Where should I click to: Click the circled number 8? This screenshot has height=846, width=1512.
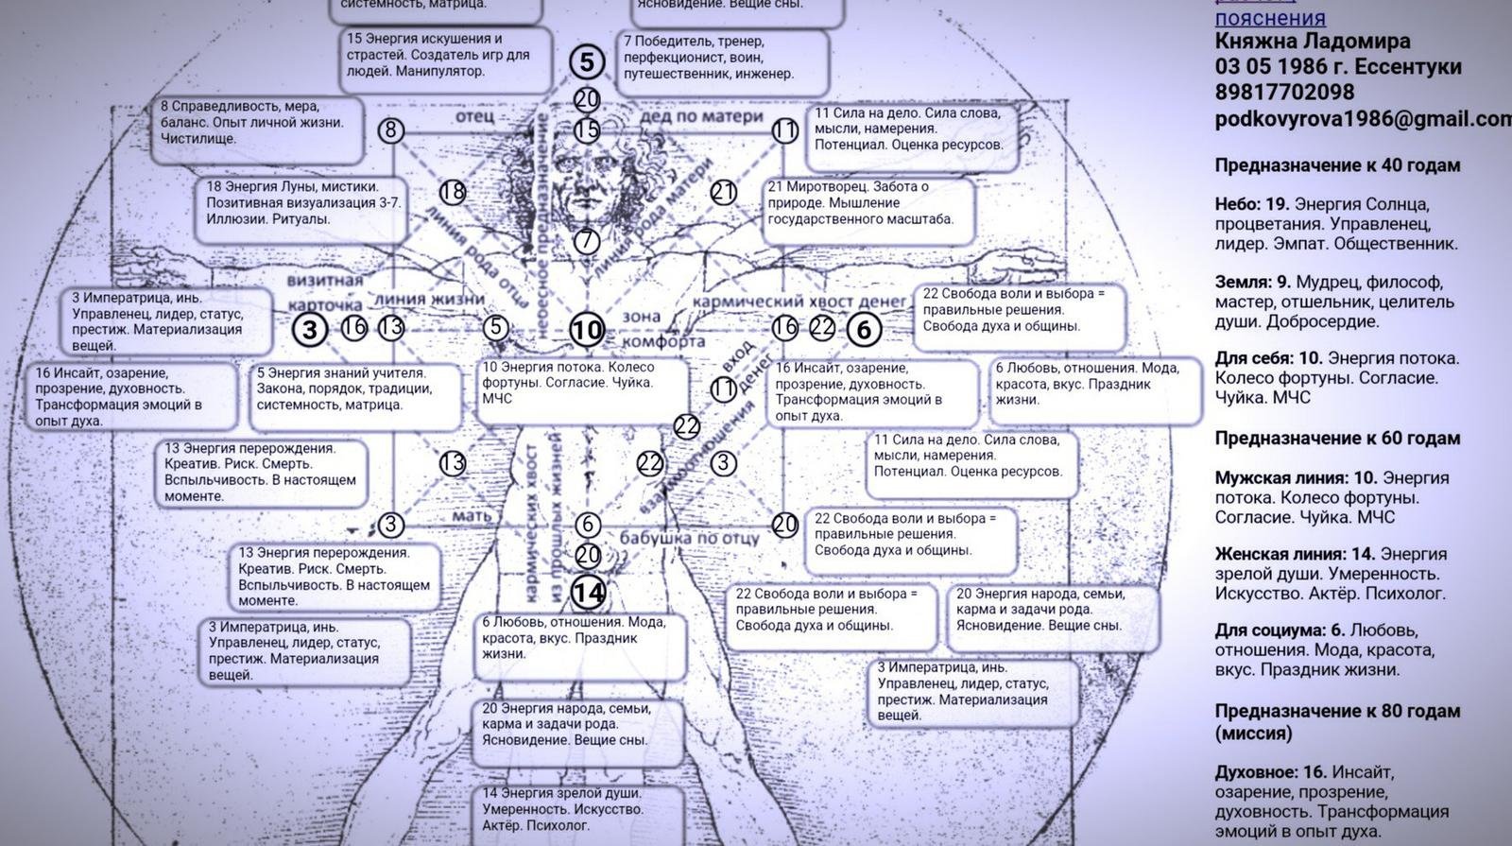click(x=391, y=130)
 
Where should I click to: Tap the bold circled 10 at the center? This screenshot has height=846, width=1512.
click(x=587, y=330)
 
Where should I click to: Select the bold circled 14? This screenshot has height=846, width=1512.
click(x=588, y=593)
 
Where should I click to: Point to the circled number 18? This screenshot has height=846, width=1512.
click(x=453, y=192)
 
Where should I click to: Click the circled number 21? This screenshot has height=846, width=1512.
click(x=724, y=193)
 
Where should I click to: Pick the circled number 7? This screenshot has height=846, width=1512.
click(x=587, y=241)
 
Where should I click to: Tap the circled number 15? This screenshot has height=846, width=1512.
click(x=587, y=129)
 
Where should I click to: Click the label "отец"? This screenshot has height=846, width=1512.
click(x=474, y=116)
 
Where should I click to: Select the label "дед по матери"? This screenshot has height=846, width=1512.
click(x=700, y=116)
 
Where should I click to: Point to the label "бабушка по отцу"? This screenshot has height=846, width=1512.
click(x=689, y=538)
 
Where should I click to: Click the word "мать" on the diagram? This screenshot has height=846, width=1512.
click(x=472, y=516)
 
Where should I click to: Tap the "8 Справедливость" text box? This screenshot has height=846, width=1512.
click(x=259, y=123)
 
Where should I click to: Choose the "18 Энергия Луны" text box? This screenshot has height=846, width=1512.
click(x=304, y=203)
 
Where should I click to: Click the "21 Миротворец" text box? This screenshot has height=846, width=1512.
click(x=868, y=203)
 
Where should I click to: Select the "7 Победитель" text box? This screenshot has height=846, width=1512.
click(x=723, y=58)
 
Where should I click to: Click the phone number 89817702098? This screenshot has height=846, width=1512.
click(x=1284, y=93)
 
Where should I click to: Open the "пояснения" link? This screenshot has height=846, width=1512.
click(x=1269, y=18)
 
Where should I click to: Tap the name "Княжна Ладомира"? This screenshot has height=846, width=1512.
click(x=1312, y=42)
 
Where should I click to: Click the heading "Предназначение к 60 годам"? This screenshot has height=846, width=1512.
click(x=1337, y=439)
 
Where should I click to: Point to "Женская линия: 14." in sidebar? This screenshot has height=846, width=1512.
click(x=1295, y=554)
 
